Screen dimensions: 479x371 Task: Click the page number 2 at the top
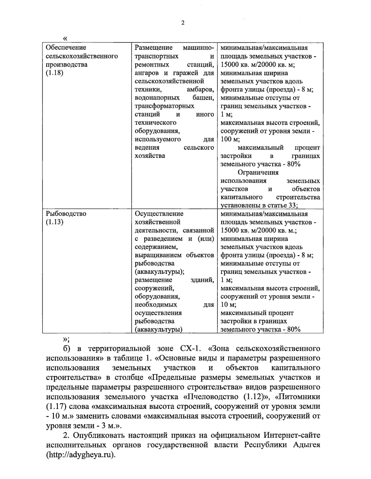pos(182,23)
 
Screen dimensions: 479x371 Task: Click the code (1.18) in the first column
pos(55,73)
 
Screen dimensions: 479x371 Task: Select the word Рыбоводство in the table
pos(66,214)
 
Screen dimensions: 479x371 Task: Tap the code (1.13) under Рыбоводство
pos(55,222)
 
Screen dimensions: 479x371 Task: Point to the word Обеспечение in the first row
pos(66,48)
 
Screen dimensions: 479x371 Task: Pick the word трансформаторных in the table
pos(164,106)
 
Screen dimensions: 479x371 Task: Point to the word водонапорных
pos(157,98)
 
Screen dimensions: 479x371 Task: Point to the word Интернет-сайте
pos(292,435)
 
